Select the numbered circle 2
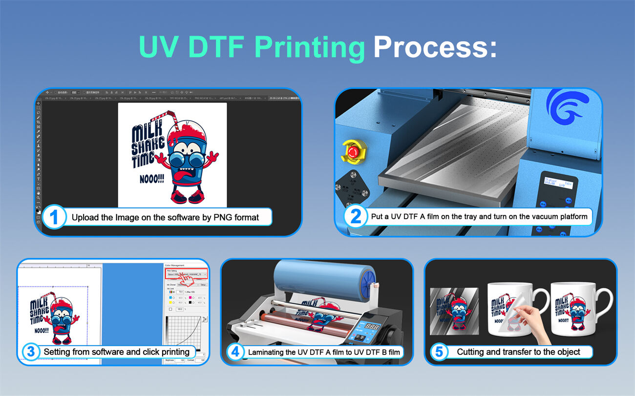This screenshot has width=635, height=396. tap(356, 216)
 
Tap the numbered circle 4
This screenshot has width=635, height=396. tap(235, 352)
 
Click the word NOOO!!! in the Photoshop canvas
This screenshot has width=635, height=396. tap(150, 179)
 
